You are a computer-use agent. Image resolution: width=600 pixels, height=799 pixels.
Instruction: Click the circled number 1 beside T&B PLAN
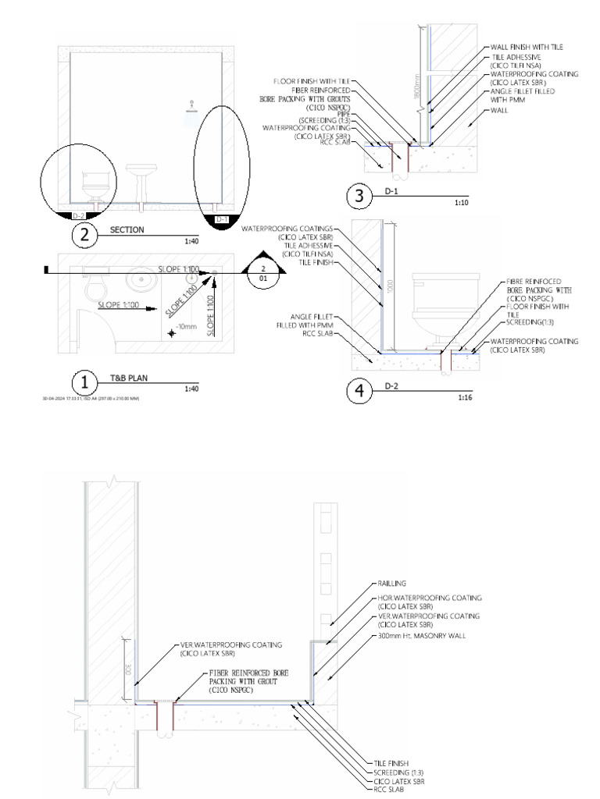pos(84,382)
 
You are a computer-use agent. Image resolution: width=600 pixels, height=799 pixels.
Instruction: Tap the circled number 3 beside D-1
pos(359,196)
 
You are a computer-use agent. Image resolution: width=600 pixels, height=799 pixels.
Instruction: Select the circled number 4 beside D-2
pos(359,391)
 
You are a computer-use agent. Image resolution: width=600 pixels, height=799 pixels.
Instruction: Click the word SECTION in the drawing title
pos(127,230)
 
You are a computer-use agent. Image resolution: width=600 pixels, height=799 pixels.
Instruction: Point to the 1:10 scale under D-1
pos(462,202)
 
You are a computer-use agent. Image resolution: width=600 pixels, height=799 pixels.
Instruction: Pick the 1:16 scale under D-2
pos(461,397)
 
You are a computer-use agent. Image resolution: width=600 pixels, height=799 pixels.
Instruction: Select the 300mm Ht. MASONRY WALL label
pos(418,635)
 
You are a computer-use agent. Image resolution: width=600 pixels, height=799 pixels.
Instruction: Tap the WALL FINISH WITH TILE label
pos(527,48)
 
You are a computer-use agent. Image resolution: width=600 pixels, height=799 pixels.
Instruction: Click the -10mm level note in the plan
pos(187,327)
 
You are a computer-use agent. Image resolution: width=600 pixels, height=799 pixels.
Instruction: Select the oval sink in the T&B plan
pos(142,277)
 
